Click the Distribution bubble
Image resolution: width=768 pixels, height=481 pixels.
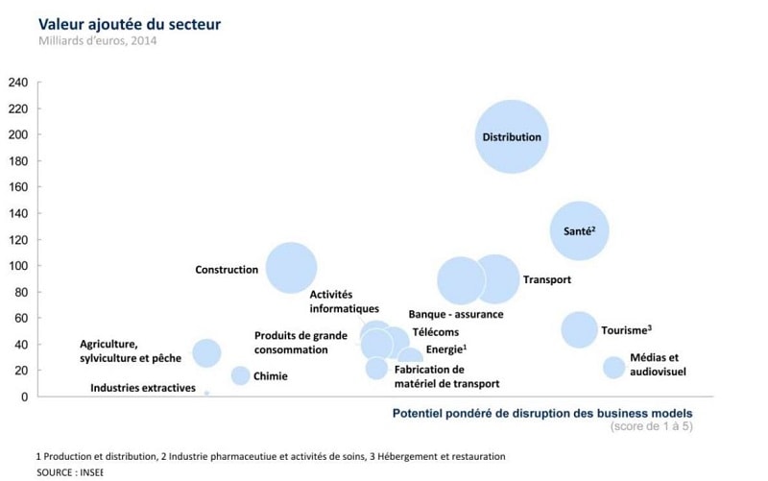(513, 137)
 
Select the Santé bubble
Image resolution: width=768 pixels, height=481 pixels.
(579, 230)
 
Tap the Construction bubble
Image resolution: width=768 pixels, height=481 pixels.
(292, 268)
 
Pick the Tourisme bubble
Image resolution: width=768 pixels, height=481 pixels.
(579, 329)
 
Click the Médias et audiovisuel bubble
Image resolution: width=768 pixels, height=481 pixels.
(613, 367)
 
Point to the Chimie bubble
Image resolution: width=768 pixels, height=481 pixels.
(241, 375)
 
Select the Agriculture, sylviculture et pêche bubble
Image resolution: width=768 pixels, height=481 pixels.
(206, 352)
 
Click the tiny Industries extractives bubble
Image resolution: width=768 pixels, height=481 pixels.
(206, 393)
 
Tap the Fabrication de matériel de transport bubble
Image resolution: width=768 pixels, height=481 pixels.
(376, 368)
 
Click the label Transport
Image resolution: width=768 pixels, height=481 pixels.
(547, 280)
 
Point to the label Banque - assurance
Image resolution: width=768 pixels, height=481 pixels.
(456, 314)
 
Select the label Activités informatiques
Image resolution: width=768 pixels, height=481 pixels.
(344, 301)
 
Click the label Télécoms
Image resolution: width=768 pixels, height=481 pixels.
(435, 332)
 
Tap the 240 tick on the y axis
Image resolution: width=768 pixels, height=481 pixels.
(17, 82)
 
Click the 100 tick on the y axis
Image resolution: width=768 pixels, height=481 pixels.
(17, 265)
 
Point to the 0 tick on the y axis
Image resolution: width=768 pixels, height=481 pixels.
(23, 397)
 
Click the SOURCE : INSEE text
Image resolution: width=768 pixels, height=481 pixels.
(69, 473)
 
